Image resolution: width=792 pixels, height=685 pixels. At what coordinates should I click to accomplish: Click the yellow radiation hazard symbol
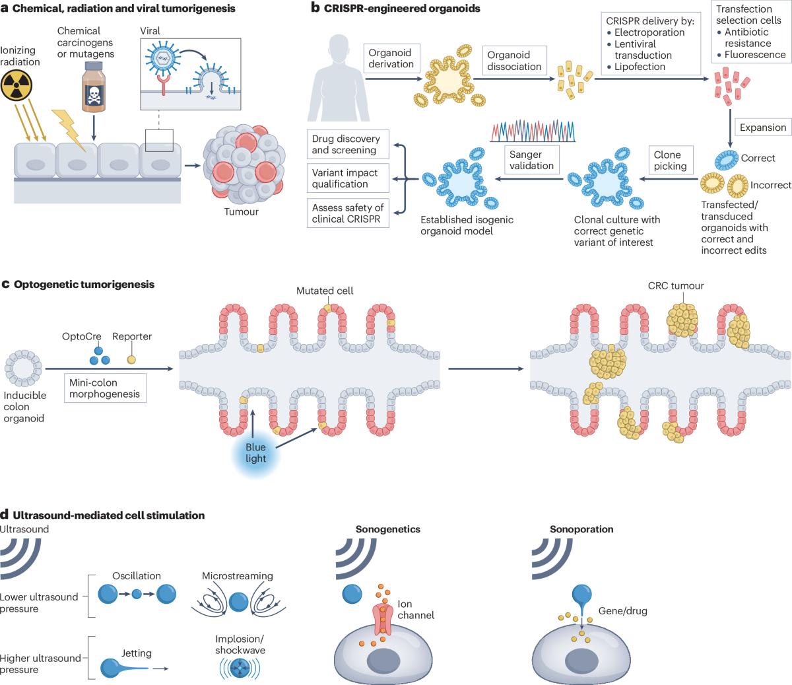pyautogui.click(x=16, y=86)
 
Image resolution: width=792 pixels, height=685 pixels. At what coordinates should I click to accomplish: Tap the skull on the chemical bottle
pyautogui.click(x=94, y=96)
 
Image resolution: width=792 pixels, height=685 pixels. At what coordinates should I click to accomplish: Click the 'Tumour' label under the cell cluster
pyautogui.click(x=241, y=212)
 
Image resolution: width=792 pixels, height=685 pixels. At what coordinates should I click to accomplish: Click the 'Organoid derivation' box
pyautogui.click(x=391, y=59)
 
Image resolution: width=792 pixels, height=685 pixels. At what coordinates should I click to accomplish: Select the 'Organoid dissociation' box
pyautogui.click(x=514, y=61)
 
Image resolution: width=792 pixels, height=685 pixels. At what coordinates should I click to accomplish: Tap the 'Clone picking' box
pyautogui.click(x=670, y=161)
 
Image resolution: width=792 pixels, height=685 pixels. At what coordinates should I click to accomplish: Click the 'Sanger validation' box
pyautogui.click(x=531, y=161)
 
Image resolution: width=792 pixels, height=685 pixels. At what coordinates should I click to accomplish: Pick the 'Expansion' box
pyautogui.click(x=763, y=127)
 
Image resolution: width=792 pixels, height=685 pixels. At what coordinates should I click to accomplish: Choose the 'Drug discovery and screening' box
pyautogui.click(x=347, y=145)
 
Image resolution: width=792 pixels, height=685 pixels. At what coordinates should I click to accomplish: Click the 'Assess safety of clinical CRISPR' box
pyautogui.click(x=347, y=213)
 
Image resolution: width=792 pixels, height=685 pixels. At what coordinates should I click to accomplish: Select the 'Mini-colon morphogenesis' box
pyautogui.click(x=105, y=388)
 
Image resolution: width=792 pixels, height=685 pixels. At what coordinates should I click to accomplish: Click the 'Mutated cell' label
pyautogui.click(x=325, y=291)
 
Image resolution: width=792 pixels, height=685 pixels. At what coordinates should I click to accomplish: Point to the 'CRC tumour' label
pyautogui.click(x=676, y=286)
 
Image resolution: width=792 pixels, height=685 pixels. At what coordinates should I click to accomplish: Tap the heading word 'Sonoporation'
pyautogui.click(x=581, y=529)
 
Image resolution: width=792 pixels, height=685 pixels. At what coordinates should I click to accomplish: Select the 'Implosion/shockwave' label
pyautogui.click(x=240, y=645)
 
